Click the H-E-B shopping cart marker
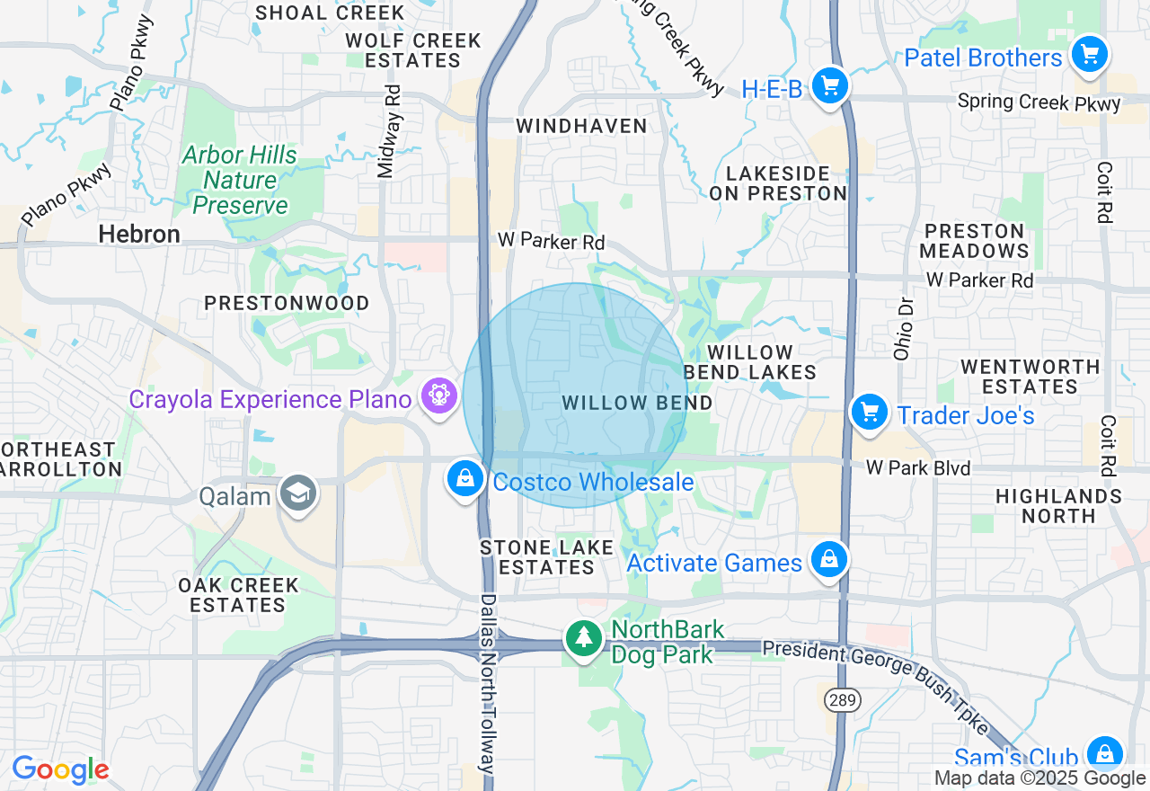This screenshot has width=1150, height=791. click(x=829, y=87)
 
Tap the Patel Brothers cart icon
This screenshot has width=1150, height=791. click(x=1090, y=56)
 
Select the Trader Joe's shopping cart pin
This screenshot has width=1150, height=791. click(x=869, y=413)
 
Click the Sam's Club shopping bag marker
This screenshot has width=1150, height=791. click(x=1103, y=753)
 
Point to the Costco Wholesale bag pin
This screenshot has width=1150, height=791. click(x=465, y=480)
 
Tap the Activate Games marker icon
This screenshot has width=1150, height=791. click(x=828, y=560)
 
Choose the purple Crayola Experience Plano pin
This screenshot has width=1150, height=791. click(x=439, y=396)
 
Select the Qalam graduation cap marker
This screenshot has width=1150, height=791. click(x=298, y=493)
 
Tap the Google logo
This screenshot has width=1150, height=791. click(x=60, y=769)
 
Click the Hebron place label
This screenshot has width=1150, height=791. click(x=139, y=235)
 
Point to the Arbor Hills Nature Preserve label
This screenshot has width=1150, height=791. click(x=240, y=180)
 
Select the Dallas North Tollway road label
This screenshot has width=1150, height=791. click(x=488, y=683)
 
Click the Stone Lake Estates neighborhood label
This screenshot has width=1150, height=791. click(x=546, y=557)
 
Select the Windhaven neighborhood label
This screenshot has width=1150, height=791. click(x=581, y=126)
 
